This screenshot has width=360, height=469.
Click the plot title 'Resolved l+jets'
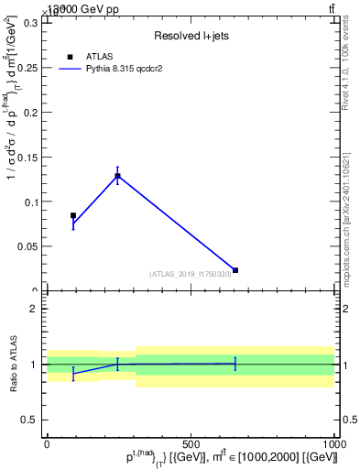(191, 36)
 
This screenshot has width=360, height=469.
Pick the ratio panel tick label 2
(34, 309)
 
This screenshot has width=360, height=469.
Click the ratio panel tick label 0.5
(29, 420)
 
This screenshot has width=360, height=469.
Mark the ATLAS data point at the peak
(117, 176)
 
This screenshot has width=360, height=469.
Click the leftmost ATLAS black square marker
(73, 215)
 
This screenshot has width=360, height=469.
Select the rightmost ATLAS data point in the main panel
(235, 270)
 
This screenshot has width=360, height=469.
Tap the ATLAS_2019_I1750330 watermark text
(191, 274)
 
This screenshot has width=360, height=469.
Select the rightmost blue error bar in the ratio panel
(235, 364)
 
